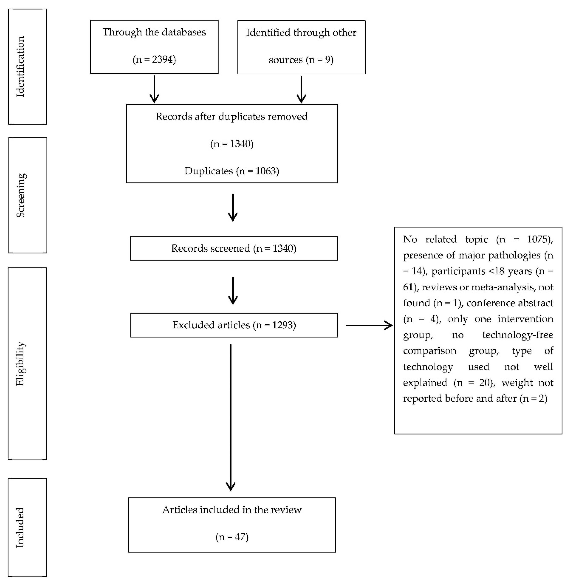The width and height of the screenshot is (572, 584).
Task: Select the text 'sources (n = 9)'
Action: click(x=301, y=60)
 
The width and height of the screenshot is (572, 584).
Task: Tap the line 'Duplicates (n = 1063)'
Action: click(x=232, y=171)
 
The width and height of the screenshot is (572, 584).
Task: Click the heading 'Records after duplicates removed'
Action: click(x=232, y=117)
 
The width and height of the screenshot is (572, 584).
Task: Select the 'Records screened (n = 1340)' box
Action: click(x=234, y=248)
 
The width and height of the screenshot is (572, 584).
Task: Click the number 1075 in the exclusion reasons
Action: click(x=539, y=239)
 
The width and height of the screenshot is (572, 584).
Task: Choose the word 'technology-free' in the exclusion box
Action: click(x=518, y=335)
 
